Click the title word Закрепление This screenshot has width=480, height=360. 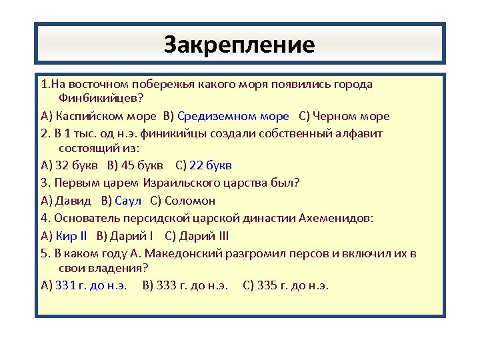239,45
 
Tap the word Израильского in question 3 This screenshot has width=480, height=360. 178,183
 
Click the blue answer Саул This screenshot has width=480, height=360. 128,200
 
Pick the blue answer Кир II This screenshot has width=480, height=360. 72,235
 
